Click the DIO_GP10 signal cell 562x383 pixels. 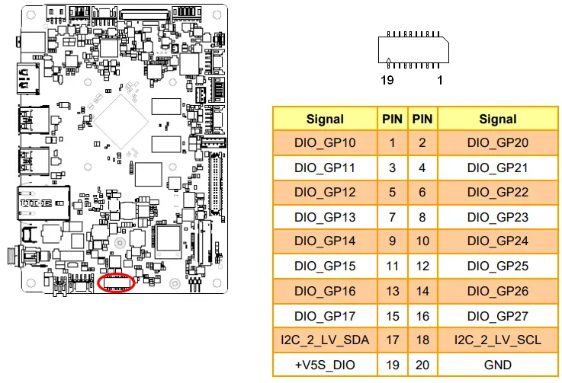click(325, 142)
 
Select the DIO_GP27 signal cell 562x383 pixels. click(497, 315)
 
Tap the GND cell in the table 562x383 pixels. click(497, 365)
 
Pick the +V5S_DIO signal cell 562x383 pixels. click(325, 365)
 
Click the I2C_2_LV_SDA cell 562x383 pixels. click(325, 340)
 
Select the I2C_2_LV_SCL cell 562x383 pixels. click(497, 340)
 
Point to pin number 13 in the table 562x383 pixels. click(392, 291)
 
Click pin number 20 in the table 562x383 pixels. click(422, 365)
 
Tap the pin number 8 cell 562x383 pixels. click(422, 217)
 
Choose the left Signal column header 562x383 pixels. click(325, 119)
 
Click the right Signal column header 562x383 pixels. click(497, 119)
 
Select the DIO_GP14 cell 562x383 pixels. click(325, 241)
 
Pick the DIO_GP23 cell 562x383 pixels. click(497, 217)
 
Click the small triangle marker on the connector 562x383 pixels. click(390, 60)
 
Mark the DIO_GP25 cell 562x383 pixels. click(497, 267)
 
